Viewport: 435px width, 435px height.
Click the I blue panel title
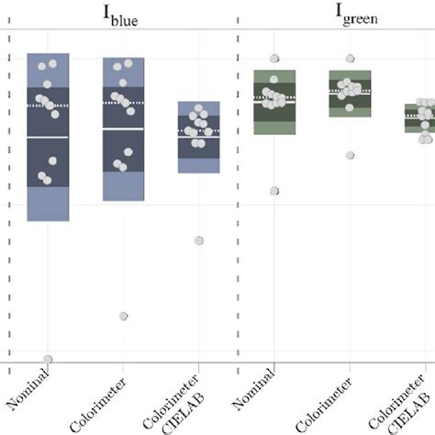[119, 15]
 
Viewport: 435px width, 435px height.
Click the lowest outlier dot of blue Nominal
[48, 359]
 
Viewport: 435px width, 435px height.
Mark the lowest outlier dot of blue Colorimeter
[123, 317]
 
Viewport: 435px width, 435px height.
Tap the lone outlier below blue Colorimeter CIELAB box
[198, 240]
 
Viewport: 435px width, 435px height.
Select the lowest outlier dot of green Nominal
[273, 191]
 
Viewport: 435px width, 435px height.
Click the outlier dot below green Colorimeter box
[350, 155]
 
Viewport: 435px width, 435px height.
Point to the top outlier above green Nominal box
[273, 59]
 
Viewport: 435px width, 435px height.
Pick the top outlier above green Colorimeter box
[350, 59]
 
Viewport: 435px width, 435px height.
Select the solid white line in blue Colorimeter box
[123, 129]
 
